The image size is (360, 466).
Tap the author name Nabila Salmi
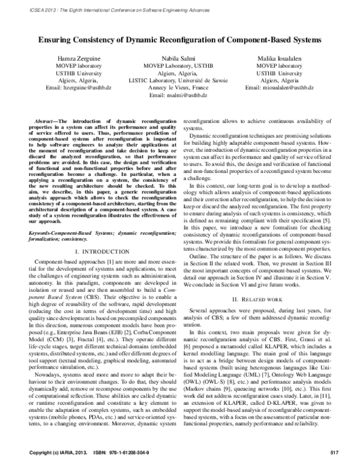click(x=178, y=56)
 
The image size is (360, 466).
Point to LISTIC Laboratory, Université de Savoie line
click(x=178, y=80)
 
